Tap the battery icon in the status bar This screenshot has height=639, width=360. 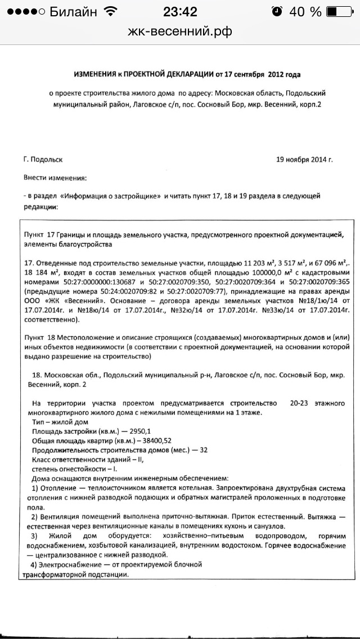(339, 11)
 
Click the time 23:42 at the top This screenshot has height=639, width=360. (180, 11)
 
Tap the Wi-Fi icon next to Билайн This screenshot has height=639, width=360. (111, 11)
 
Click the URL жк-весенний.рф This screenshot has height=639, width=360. (180, 32)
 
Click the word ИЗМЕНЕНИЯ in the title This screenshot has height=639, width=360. (94, 74)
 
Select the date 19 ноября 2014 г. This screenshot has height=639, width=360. (304, 159)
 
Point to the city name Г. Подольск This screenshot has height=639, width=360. (43, 159)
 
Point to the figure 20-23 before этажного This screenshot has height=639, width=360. (303, 403)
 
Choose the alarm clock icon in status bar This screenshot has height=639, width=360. (277, 11)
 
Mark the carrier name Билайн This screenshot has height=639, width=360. (73, 11)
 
